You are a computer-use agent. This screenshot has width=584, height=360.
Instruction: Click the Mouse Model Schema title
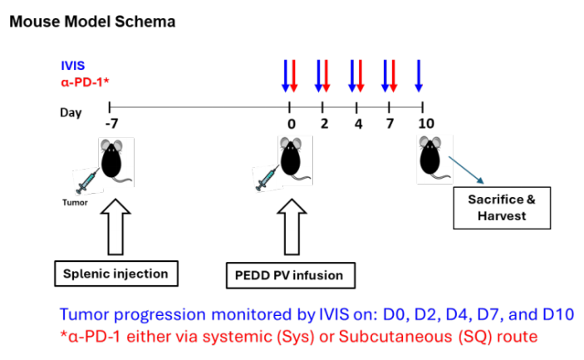[x=92, y=22]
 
